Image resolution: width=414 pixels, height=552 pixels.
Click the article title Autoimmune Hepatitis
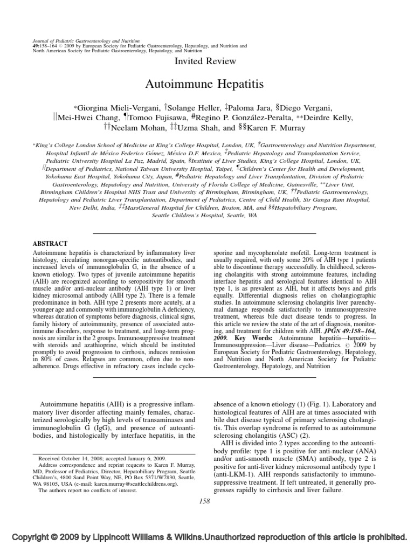[x=205, y=85]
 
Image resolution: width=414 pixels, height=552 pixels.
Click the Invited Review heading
[x=205, y=61]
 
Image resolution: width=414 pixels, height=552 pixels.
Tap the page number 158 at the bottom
[x=205, y=501]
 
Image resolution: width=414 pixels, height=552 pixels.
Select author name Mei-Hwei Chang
[x=87, y=118]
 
